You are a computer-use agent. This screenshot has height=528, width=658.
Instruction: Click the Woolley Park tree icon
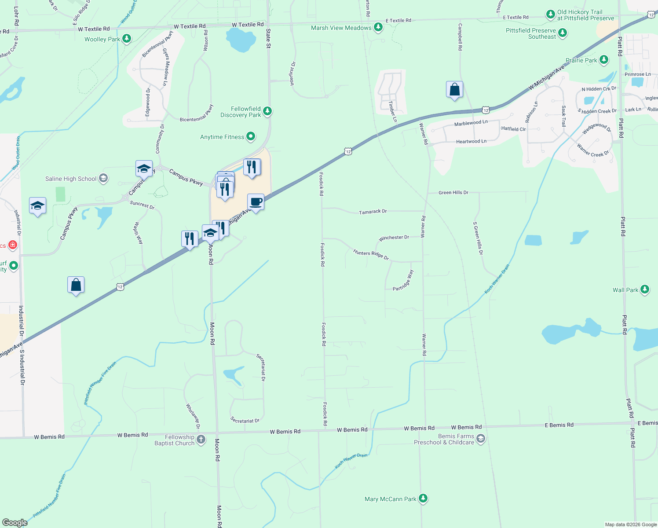click(127, 39)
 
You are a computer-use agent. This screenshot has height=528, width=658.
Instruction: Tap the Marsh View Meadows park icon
click(378, 28)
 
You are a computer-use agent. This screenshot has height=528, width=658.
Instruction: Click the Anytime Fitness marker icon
click(251, 137)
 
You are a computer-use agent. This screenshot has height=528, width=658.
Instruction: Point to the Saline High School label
click(71, 179)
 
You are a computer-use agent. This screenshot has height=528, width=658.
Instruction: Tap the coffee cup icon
click(256, 202)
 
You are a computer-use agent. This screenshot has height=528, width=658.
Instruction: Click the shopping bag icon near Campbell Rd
click(454, 89)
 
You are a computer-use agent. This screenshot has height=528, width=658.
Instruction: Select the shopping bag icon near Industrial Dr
click(76, 285)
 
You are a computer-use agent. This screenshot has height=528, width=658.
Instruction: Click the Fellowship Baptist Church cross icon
click(201, 440)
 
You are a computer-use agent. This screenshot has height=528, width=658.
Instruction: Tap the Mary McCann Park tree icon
click(423, 499)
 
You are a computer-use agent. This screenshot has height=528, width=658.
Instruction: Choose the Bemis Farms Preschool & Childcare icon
click(481, 439)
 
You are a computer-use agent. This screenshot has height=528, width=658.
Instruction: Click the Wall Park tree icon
click(644, 290)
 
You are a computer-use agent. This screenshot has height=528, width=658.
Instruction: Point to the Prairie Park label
click(581, 60)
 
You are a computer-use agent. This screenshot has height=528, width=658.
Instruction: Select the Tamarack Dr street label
click(373, 212)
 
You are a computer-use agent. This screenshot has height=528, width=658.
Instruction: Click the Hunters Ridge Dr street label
click(371, 254)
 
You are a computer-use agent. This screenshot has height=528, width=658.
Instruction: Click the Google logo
click(15, 522)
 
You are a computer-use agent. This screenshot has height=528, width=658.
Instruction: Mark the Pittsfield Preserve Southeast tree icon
click(562, 33)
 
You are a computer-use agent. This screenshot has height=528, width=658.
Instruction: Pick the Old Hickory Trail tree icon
click(550, 15)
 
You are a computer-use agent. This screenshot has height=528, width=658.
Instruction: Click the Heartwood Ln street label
click(471, 141)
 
